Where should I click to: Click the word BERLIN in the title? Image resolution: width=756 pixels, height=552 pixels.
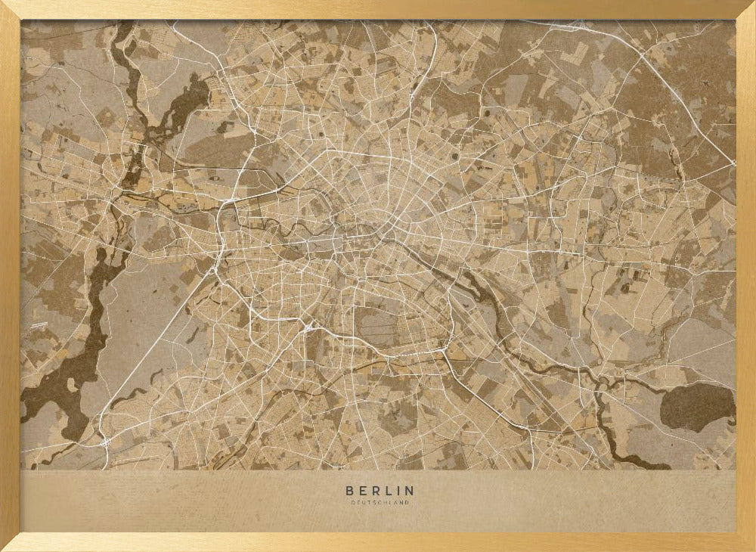click(x=379, y=491)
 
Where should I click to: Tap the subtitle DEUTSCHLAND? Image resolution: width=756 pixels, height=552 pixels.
click(x=379, y=502)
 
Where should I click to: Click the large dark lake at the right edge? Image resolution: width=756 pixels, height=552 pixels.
click(x=696, y=407)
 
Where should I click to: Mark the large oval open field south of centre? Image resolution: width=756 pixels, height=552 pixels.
click(x=378, y=326)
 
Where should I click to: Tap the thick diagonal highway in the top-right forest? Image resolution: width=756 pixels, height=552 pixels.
click(x=680, y=98)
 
